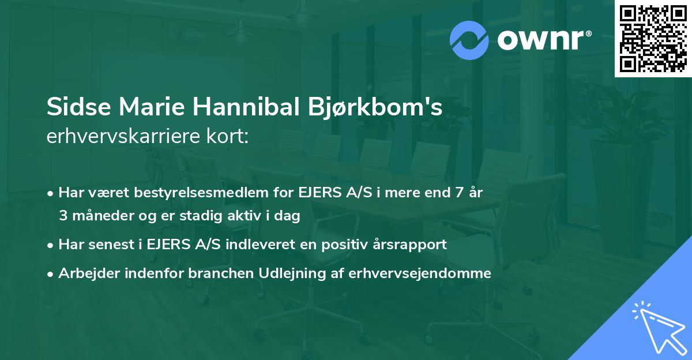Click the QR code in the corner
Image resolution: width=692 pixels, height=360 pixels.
[x=653, y=38]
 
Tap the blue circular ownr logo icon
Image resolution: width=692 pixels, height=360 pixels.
[x=469, y=40]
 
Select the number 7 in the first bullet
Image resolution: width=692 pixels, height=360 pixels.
[x=459, y=193]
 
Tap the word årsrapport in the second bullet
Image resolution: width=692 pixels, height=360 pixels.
[x=413, y=244]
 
